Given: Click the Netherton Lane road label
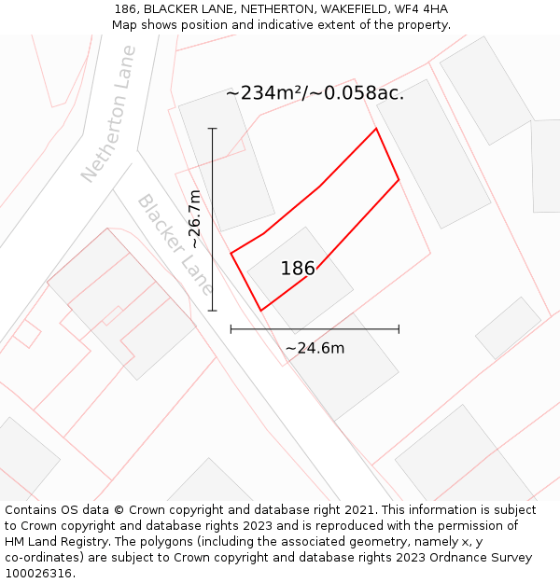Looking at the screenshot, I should (x=108, y=114).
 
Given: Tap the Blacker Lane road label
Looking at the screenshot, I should (x=175, y=244).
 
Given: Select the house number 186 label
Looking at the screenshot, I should (x=298, y=269).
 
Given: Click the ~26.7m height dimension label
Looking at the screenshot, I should (x=194, y=219).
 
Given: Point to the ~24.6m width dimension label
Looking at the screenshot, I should (x=315, y=348).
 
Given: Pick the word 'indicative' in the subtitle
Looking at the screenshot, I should (x=300, y=25).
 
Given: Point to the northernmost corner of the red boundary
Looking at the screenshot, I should (x=376, y=129).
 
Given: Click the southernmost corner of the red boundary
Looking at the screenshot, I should (x=260, y=311).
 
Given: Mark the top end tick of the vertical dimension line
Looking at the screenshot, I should (x=213, y=129).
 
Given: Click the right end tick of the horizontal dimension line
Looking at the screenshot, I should (x=399, y=328).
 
